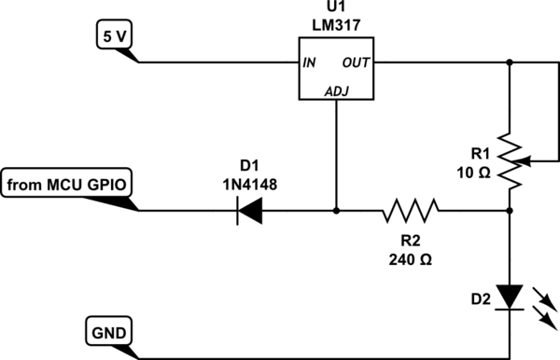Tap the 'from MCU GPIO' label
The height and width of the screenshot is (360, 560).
[68, 184]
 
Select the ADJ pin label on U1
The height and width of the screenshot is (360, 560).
[336, 90]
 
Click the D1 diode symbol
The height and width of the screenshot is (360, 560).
[249, 211]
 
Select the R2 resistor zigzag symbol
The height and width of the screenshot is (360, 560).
[411, 211]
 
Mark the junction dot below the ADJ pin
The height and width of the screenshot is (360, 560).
[336, 211]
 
